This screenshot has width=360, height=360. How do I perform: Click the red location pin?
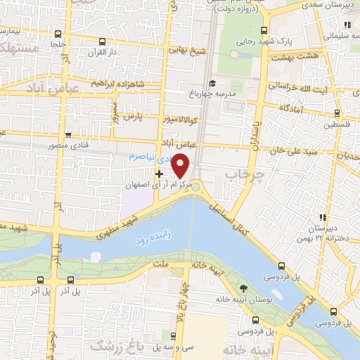[x=181, y=165]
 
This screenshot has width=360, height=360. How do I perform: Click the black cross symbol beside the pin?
[x=160, y=173]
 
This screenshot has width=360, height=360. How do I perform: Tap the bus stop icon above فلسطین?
[x=337, y=112]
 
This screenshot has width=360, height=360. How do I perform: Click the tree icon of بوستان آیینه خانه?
[x=243, y=288]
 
